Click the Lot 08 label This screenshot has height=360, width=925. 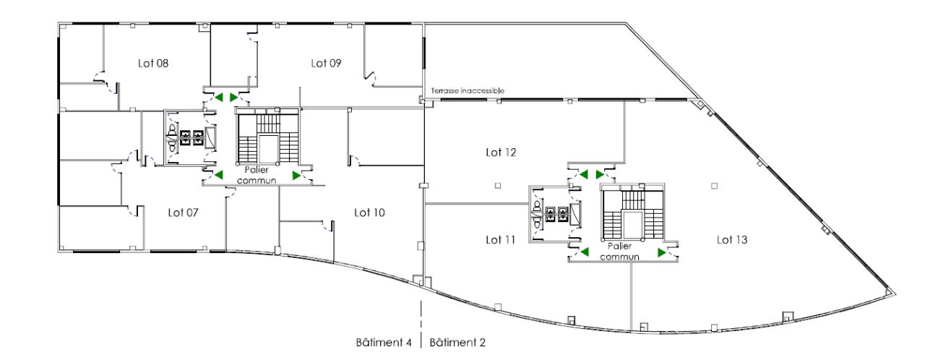click(153, 64)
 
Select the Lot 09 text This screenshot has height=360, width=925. click(326, 64)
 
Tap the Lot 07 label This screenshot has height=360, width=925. click(184, 213)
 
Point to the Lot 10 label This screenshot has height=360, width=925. click(369, 213)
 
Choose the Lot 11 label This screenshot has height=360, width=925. click(499, 239)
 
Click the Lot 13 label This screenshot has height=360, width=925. click(732, 239)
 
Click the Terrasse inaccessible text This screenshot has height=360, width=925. click(467, 90)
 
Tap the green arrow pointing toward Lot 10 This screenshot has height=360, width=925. click(296, 175)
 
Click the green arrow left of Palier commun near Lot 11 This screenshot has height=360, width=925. click(584, 252)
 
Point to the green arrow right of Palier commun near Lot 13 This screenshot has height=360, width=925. click(661, 252)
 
